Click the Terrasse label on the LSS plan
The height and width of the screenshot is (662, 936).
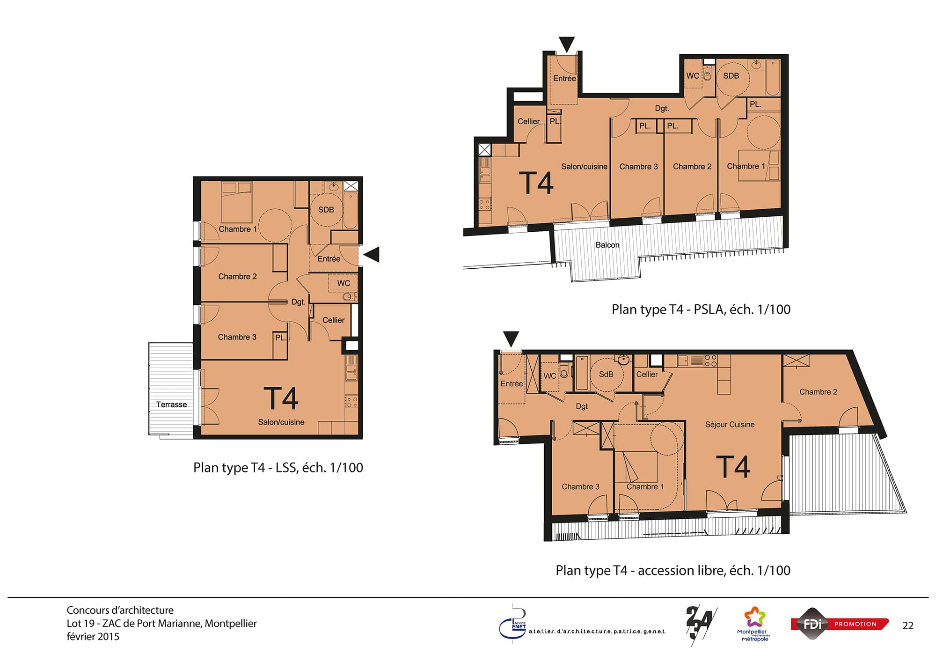[x=171, y=405]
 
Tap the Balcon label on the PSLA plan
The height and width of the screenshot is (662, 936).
[x=607, y=245]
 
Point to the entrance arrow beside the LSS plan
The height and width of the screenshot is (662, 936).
[x=372, y=254]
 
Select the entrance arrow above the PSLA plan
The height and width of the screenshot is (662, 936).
[x=567, y=44]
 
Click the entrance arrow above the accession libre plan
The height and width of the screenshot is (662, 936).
[x=511, y=338]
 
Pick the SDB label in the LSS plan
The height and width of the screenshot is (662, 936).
[x=326, y=210]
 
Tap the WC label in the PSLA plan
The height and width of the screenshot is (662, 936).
[x=693, y=76]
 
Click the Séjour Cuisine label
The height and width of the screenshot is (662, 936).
[x=730, y=425]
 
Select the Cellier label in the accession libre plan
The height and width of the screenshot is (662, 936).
[x=647, y=375]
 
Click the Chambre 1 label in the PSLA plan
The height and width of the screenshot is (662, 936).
[x=746, y=166]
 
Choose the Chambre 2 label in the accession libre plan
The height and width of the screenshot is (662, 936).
[x=818, y=392]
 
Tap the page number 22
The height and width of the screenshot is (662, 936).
[x=908, y=625]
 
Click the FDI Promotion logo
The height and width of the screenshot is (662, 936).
[x=840, y=624]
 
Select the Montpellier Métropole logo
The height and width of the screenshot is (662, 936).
[x=754, y=624]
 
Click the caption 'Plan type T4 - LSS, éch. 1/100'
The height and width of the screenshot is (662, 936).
[x=278, y=468]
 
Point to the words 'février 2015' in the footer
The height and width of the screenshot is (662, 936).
[x=93, y=637]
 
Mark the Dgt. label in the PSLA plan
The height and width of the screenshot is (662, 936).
[x=662, y=109]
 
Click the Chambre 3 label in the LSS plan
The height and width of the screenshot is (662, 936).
[x=237, y=337]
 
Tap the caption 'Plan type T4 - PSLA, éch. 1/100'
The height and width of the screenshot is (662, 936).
[x=701, y=309]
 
